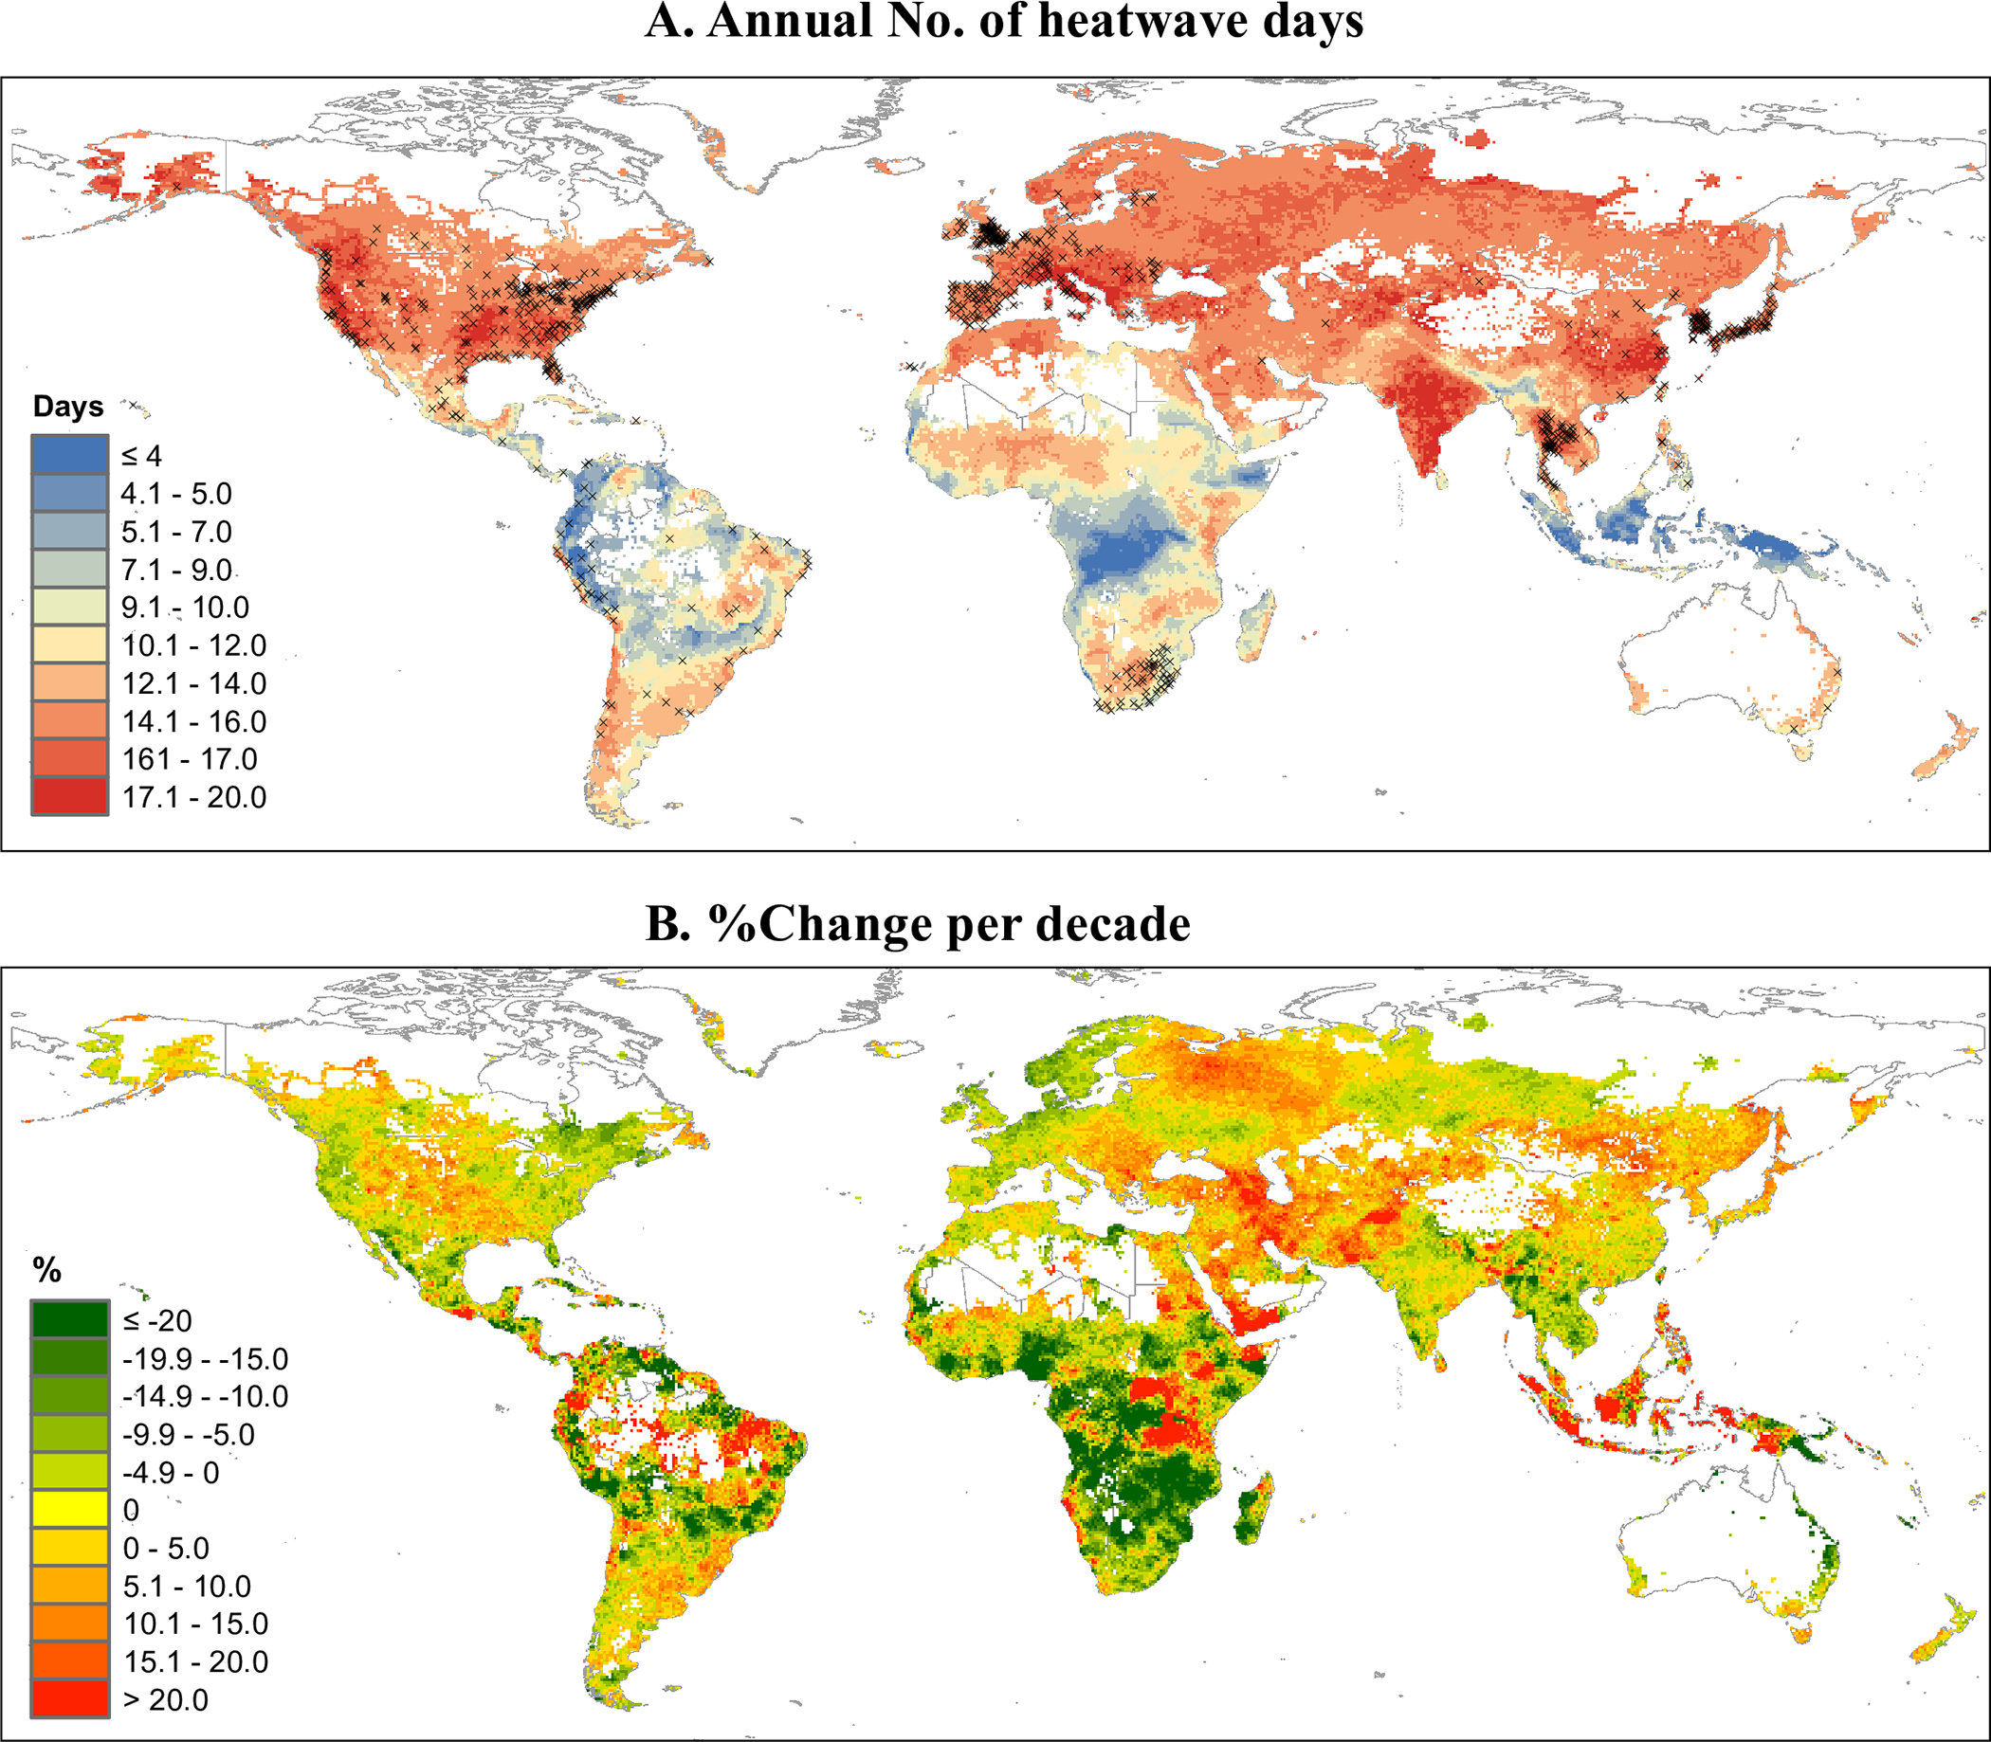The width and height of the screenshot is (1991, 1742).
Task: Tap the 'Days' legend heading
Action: (68, 407)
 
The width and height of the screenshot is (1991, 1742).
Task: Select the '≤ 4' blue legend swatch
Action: (69, 454)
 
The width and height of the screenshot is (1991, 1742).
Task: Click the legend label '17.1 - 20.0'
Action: (193, 797)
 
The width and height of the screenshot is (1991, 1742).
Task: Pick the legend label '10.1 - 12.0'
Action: (193, 645)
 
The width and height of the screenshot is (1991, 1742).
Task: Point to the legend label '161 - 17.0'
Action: (190, 759)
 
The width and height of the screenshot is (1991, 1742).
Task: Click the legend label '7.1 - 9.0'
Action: (176, 570)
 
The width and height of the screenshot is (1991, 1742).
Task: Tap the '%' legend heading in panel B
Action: (46, 1270)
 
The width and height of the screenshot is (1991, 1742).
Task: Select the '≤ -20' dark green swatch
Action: (69, 1320)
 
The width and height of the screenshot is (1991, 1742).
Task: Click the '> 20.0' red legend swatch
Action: (69, 1698)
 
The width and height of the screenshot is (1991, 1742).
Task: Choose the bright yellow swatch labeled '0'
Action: (69, 1510)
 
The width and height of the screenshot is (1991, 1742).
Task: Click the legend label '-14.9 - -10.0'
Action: (205, 1396)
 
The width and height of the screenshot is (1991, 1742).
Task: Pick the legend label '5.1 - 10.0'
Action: (187, 1586)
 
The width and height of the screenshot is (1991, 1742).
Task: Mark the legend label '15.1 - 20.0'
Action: (195, 1661)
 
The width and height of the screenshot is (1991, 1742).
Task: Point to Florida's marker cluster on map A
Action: (554, 368)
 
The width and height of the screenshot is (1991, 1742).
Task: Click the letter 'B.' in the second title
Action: (668, 923)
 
